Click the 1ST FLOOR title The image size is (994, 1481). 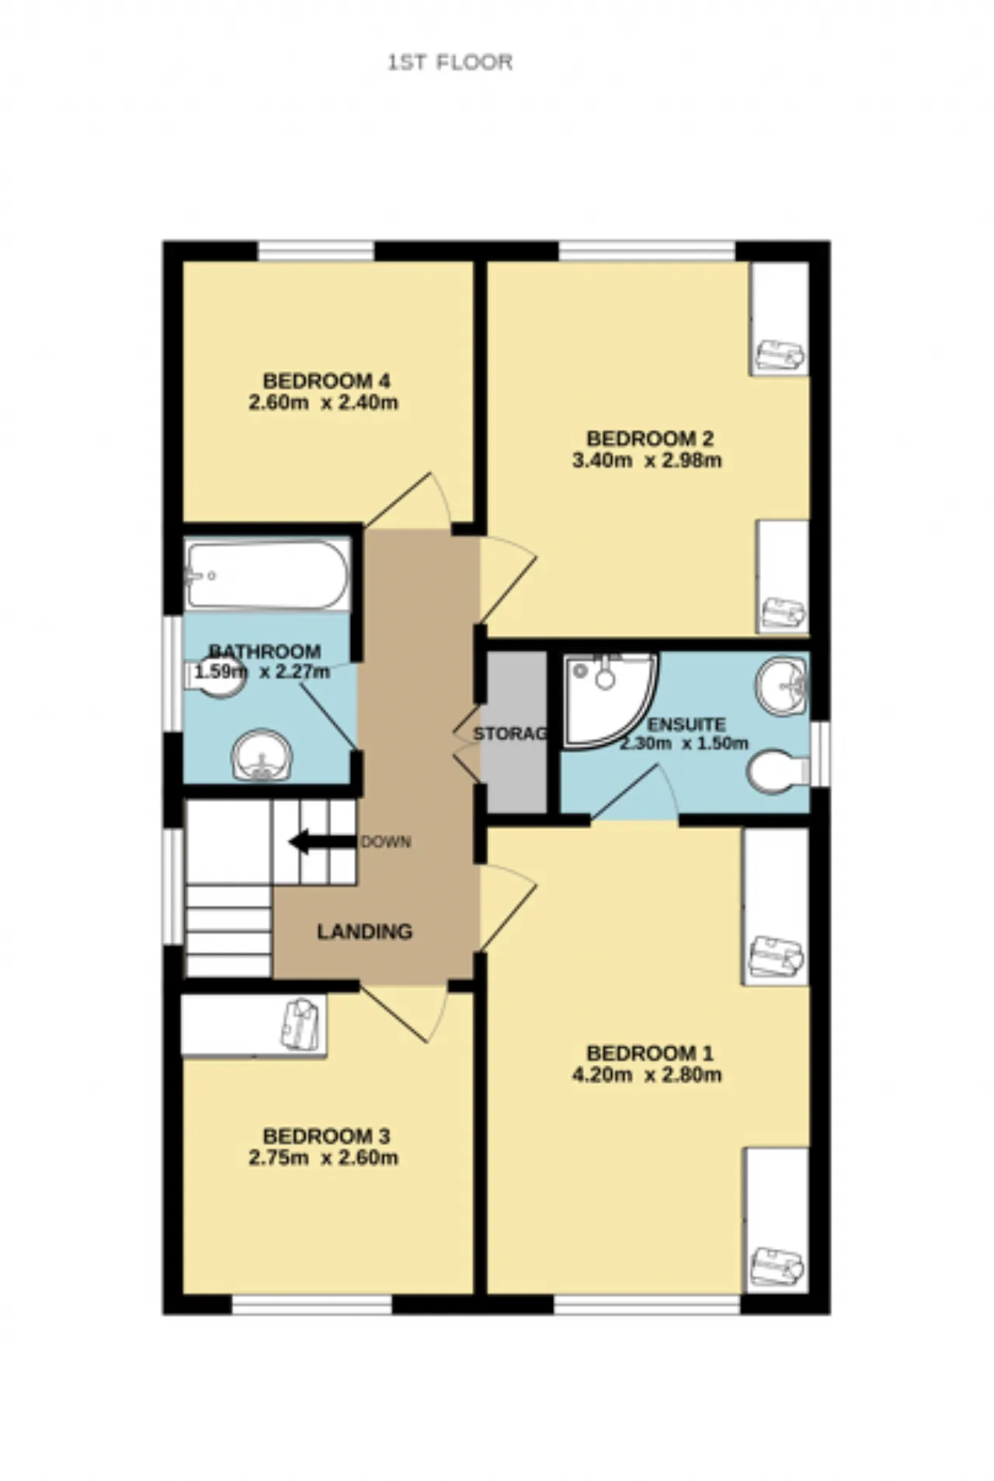click(450, 62)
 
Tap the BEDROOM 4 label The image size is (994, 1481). click(326, 380)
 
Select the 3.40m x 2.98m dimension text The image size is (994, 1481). click(647, 460)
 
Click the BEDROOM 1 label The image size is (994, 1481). click(649, 1053)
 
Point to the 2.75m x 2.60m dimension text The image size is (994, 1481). click(323, 1158)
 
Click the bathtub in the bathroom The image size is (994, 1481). click(267, 575)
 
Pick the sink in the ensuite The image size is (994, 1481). click(781, 686)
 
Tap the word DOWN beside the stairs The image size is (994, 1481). click(386, 842)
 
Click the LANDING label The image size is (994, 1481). click(364, 931)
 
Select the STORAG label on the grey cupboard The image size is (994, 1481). click(510, 734)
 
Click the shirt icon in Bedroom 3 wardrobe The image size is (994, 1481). click(301, 1025)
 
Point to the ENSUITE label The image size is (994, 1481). click(686, 725)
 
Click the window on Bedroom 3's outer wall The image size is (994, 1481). click(311, 1305)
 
